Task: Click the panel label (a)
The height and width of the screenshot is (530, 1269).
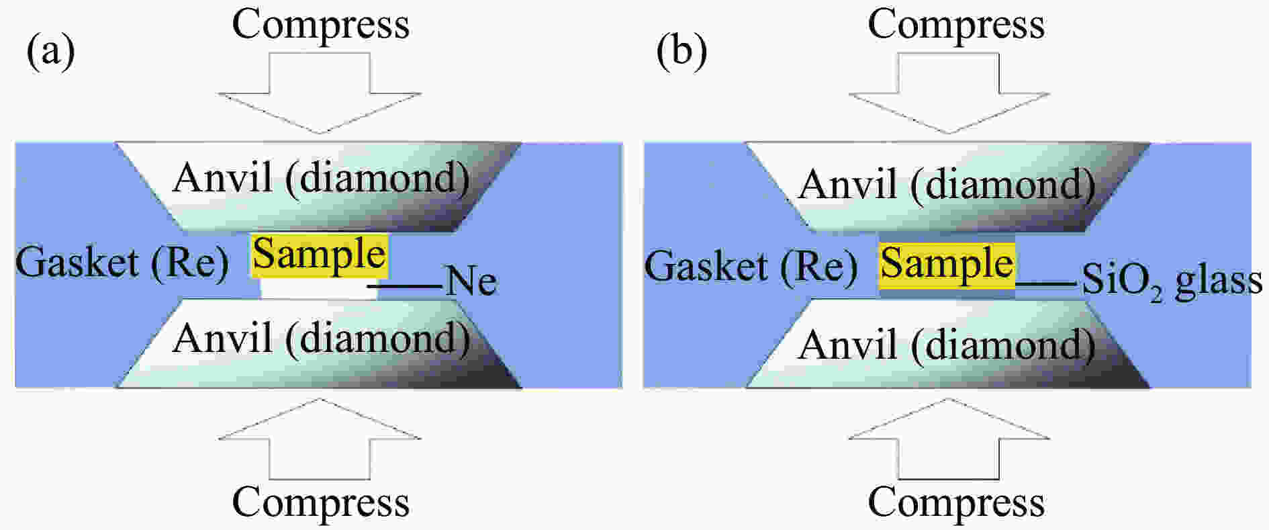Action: click(50, 51)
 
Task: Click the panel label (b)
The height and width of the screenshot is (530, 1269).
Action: click(681, 51)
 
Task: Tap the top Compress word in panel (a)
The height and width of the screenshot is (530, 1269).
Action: click(320, 26)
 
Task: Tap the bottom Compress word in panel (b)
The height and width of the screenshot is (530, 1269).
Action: click(956, 502)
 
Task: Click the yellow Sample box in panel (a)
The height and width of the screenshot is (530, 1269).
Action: click(320, 255)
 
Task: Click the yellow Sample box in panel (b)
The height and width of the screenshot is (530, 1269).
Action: click(947, 263)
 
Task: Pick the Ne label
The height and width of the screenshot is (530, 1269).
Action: click(471, 281)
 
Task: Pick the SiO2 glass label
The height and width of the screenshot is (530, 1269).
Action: click(1172, 281)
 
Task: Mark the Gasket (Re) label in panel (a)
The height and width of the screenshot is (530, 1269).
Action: click(122, 263)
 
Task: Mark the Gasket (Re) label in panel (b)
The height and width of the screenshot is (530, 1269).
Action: click(751, 266)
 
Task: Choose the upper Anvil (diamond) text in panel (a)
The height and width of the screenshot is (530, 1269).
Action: click(321, 179)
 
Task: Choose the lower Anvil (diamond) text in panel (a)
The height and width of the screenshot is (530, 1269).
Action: click(321, 339)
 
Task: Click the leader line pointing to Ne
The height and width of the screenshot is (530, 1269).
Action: click(406, 287)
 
